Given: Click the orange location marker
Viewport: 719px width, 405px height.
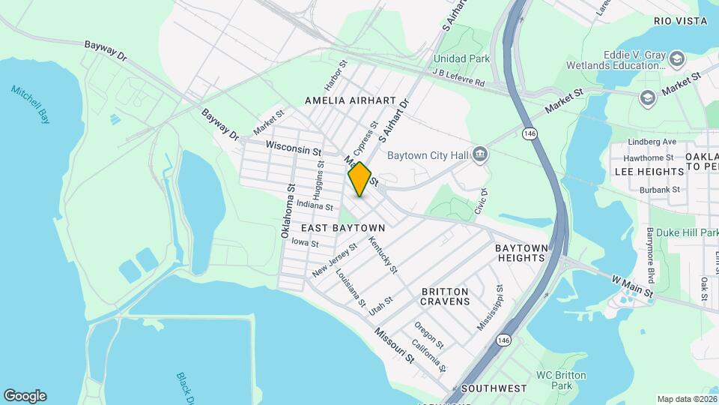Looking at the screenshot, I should coord(359,178).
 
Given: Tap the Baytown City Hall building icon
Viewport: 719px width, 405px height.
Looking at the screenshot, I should coord(480,155).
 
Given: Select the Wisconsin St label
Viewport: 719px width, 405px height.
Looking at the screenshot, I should coord(293,149).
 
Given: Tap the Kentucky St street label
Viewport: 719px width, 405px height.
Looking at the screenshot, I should coord(383,255).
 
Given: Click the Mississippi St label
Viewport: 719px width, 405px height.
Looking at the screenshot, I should coord(491,307).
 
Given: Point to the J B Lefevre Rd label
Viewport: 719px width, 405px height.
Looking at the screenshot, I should coord(459,77).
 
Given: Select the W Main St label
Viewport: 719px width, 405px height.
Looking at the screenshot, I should coord(632,286).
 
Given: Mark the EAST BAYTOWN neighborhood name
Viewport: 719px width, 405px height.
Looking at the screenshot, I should coord(343,227).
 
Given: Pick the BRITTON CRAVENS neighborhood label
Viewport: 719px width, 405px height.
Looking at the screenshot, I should coord(445,296).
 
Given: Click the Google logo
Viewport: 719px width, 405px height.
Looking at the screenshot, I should coord(25,395).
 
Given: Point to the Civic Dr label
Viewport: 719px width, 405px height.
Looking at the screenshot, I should coord(480,201).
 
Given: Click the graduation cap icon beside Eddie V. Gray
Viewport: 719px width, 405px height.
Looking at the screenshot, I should coord(677,58).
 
